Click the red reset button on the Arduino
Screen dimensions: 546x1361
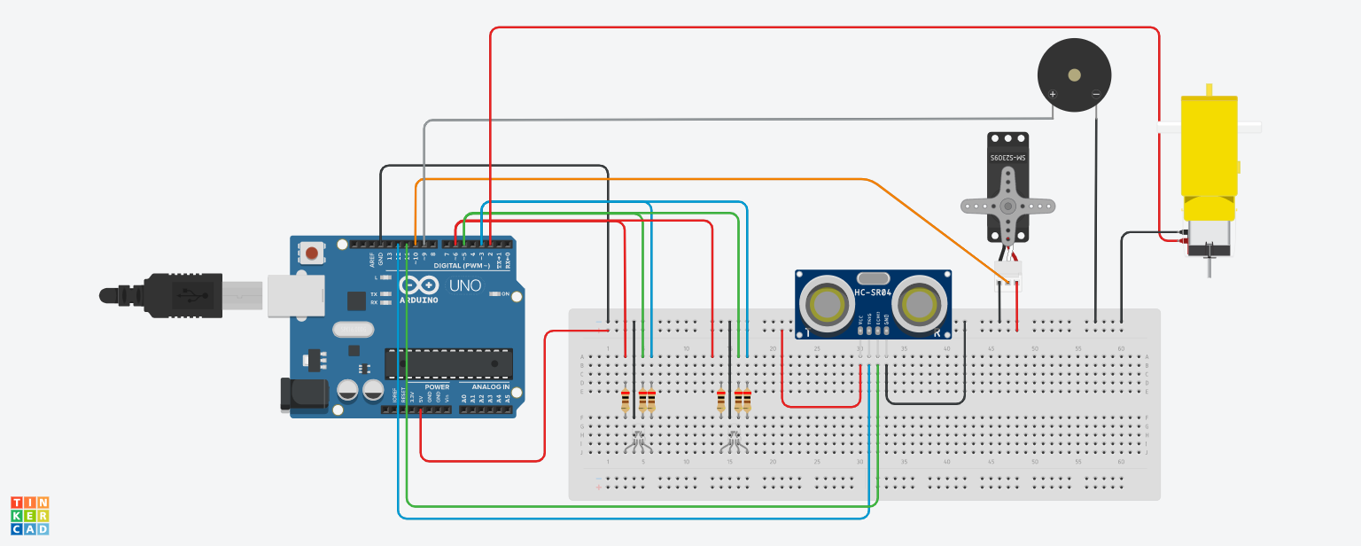tap(312, 254)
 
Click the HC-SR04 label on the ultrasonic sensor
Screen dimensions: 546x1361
tap(873, 292)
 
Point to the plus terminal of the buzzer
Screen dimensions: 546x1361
tap(1053, 94)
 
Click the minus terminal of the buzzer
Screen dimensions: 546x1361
tap(1096, 94)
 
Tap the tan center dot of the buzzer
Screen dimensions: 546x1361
tap(1074, 74)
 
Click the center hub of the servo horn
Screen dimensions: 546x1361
tap(1007, 205)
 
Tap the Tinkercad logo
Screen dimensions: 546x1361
tap(30, 515)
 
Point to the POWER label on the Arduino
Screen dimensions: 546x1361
tap(437, 387)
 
